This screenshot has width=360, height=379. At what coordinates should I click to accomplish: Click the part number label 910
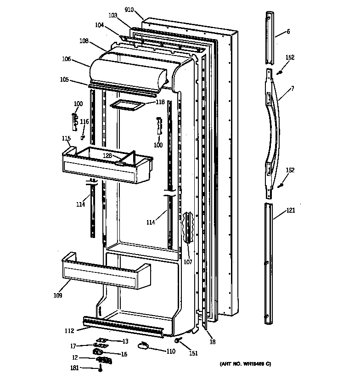[x=129, y=9]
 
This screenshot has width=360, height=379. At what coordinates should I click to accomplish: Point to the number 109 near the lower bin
[x=57, y=295]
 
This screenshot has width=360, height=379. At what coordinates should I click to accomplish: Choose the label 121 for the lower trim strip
[x=291, y=211]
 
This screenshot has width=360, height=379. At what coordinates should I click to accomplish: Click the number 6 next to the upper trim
[x=288, y=32]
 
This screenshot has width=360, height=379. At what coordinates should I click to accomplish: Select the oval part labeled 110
[x=144, y=345]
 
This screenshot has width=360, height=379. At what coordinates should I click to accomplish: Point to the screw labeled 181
[x=100, y=368]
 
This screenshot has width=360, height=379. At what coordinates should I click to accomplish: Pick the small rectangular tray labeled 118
[x=127, y=105]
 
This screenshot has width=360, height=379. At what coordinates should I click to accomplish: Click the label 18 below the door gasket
[x=213, y=342]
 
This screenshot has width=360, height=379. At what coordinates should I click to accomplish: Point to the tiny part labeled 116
[x=82, y=136]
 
